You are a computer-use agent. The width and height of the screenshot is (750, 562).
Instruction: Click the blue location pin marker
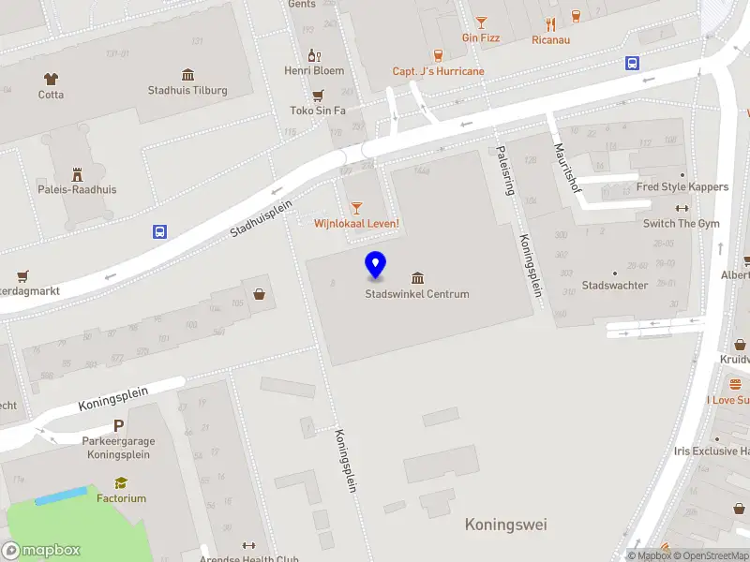click(375, 265)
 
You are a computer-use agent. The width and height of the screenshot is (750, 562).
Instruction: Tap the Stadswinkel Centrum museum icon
click(417, 277)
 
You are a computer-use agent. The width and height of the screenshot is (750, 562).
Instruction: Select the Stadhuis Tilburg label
click(187, 91)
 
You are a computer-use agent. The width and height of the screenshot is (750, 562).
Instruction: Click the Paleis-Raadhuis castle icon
click(78, 173)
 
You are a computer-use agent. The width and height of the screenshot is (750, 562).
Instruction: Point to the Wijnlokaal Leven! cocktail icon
click(355, 207)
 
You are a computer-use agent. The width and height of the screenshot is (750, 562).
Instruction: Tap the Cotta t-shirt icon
click(51, 79)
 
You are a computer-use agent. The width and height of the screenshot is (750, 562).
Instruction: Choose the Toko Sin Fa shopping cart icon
click(318, 95)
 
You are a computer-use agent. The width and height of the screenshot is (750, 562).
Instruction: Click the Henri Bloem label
click(314, 70)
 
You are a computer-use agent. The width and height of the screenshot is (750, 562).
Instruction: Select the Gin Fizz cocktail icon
click(481, 22)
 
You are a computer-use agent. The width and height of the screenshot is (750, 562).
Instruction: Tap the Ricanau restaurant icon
click(550, 24)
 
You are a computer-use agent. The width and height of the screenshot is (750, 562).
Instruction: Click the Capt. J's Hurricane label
click(438, 71)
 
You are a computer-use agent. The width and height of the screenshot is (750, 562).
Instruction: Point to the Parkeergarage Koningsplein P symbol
click(119, 425)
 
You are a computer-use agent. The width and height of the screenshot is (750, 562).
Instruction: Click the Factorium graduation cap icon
click(121, 483)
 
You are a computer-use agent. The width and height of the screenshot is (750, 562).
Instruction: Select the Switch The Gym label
click(682, 224)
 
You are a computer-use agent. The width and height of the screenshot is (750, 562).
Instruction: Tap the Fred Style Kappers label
click(682, 186)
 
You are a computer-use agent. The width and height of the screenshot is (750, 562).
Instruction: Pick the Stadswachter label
click(615, 285)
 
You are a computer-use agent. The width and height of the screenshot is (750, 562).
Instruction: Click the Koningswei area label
click(505, 525)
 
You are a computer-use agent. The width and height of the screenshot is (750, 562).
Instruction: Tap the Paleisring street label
click(505, 170)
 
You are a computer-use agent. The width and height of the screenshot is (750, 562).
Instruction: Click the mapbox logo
click(41, 551)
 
